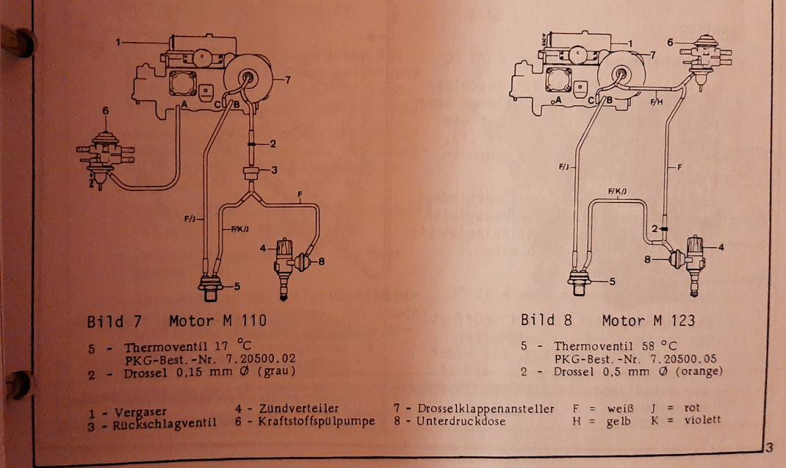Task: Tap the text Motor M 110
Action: [x=218, y=321]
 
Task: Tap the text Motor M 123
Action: [x=649, y=320]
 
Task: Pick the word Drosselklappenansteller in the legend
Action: [x=485, y=408]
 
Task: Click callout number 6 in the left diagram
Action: [x=106, y=111]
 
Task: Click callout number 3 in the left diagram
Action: [x=273, y=170]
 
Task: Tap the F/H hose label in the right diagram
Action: [x=656, y=102]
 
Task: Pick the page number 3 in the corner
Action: [x=769, y=447]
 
